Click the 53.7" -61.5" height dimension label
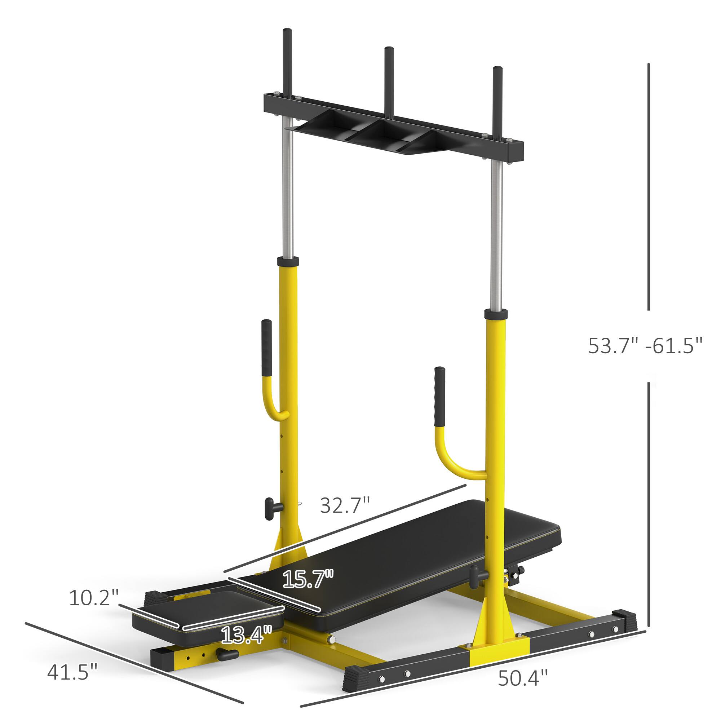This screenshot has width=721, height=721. tap(645, 346)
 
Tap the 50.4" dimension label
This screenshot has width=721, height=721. tap(523, 667)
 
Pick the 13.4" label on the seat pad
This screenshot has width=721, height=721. tap(246, 615)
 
